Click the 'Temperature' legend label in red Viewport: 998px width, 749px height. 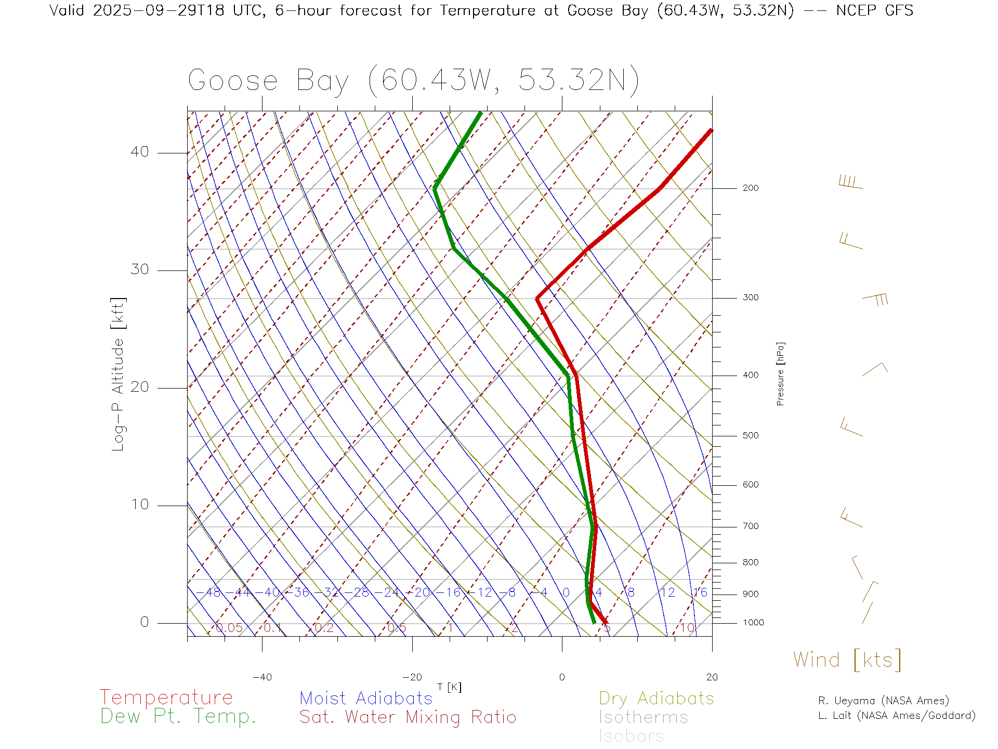point(166,698)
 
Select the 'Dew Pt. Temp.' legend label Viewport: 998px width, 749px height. point(178,717)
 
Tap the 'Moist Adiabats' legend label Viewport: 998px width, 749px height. point(366,699)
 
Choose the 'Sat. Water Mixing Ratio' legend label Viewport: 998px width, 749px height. point(408,717)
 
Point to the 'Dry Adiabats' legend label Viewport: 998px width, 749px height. point(656,699)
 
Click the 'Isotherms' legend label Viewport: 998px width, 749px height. point(644,717)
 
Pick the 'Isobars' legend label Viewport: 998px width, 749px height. point(632,736)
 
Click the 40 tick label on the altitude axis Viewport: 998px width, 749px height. point(140,152)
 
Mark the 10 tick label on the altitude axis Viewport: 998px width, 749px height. point(140,505)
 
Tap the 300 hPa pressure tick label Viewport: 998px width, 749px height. point(751,298)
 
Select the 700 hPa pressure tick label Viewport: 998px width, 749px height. point(751,526)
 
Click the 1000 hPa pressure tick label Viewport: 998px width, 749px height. point(753,623)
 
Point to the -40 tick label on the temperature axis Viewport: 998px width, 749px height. point(262,677)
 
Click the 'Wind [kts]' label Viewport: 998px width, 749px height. point(847,660)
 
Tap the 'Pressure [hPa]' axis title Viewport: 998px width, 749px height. point(780,374)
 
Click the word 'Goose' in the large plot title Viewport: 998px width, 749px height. point(233,81)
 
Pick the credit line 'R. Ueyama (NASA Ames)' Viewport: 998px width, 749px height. point(884,701)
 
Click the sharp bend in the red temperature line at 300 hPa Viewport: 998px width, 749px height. point(537,299)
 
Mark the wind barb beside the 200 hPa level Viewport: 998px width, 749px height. point(850,183)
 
